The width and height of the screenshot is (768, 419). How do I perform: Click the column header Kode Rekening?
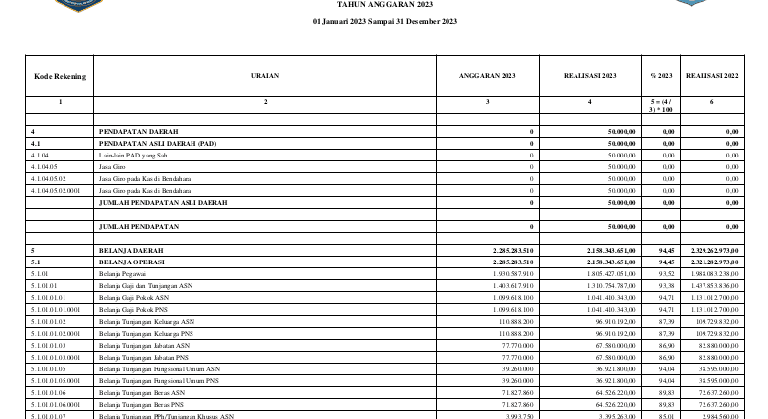pyautogui.click(x=60, y=75)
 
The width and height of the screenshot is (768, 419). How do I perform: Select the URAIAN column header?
pyautogui.click(x=266, y=75)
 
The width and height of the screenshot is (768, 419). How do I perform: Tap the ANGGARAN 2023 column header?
pyautogui.click(x=487, y=75)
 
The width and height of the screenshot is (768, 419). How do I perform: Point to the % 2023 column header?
pyautogui.click(x=661, y=75)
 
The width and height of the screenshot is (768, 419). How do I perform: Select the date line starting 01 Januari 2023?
pyautogui.click(x=384, y=21)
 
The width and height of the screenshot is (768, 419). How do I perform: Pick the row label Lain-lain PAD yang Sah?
pyautogui.click(x=132, y=155)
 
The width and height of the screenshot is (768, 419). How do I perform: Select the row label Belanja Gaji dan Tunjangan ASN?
pyautogui.click(x=147, y=285)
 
